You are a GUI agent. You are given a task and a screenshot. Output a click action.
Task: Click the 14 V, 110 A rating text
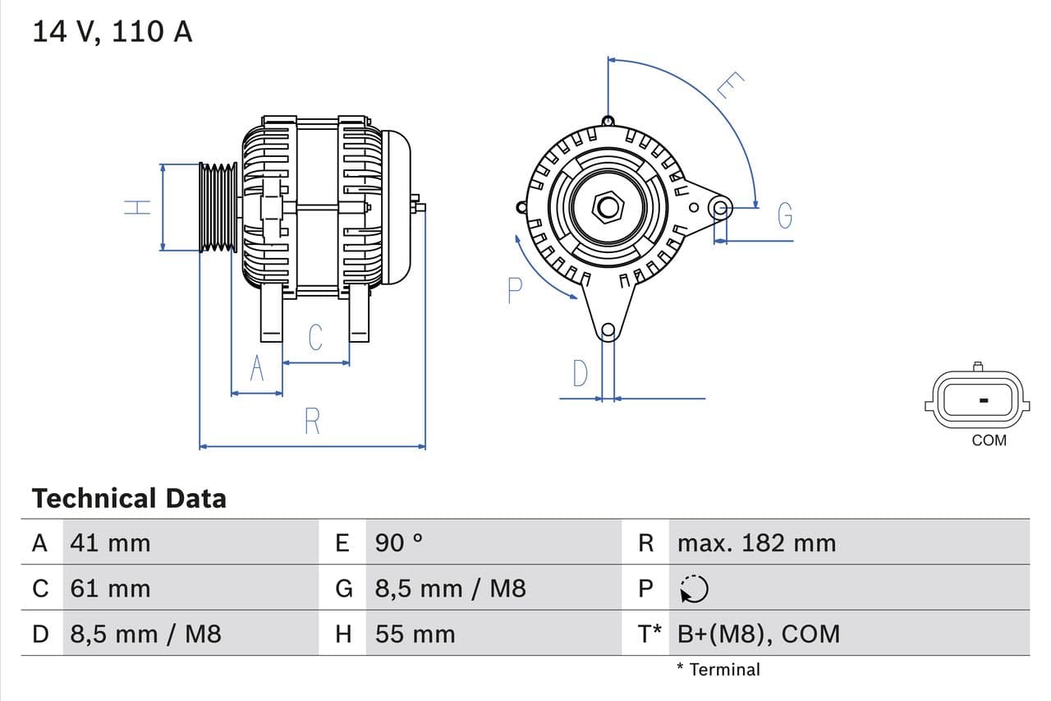pos(112,31)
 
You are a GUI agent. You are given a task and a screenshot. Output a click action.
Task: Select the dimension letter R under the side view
pos(312,421)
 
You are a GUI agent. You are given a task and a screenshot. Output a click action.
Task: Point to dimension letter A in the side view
pos(257,369)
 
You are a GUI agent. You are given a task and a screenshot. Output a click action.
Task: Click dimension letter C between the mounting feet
pos(315,337)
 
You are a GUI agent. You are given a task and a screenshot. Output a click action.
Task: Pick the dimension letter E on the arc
pos(730,85)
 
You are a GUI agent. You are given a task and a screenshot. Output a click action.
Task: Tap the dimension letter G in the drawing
pos(785,215)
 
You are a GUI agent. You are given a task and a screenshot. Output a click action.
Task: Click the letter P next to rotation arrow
pos(515,291)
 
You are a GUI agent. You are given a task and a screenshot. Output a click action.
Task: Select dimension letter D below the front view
pos(581,374)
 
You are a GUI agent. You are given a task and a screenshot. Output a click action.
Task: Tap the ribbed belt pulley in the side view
pos(218,206)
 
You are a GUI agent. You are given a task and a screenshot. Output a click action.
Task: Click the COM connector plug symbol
pos(977,400)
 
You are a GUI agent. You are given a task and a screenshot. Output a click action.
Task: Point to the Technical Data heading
pos(129,498)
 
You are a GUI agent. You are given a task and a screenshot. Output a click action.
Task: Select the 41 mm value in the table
pos(110,542)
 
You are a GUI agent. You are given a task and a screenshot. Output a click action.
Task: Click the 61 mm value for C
pos(110,588)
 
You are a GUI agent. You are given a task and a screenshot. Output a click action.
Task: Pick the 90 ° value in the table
pos(399,542)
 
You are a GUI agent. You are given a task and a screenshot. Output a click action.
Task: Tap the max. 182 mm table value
pos(756,542)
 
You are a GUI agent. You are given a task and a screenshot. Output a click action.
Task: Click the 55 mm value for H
pos(415,634)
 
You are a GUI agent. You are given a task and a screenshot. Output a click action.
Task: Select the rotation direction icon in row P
pos(694,588)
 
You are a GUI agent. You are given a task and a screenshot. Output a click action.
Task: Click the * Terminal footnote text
pos(718,669)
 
